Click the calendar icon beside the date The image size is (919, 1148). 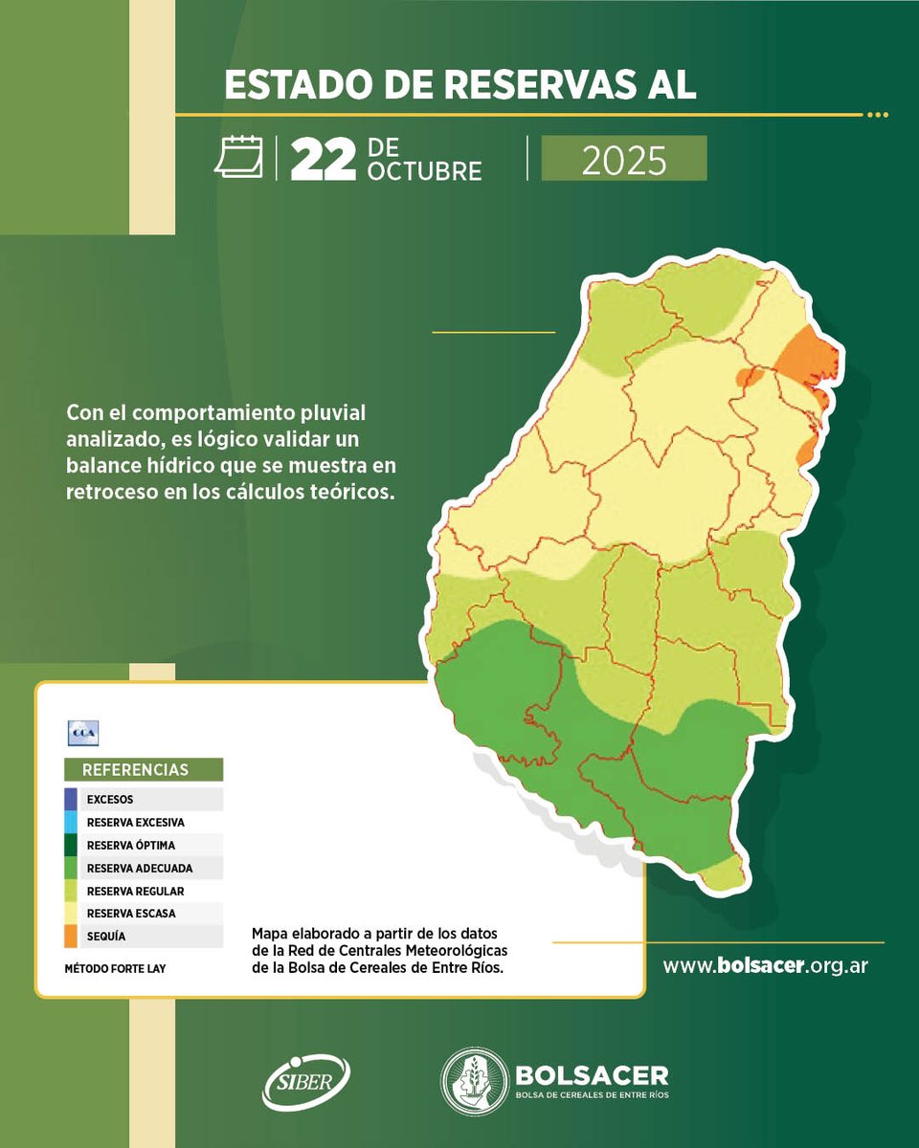click(238, 157)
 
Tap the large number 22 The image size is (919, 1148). click(324, 159)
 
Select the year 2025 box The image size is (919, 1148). click(623, 159)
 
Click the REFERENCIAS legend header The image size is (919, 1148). click(144, 769)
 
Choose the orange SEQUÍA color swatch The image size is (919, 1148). click(71, 936)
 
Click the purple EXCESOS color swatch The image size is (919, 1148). click(71, 798)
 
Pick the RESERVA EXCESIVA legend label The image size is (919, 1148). click(135, 822)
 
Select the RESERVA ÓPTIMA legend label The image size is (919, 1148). click(130, 845)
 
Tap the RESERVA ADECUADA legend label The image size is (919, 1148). click(139, 868)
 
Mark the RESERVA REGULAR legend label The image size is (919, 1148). click(135, 891)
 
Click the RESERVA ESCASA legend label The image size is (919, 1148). click(130, 914)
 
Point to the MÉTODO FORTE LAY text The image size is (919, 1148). click(115, 968)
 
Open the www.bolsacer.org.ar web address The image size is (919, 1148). click(765, 965)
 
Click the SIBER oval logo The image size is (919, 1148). click(306, 1082)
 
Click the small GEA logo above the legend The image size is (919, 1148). click(83, 733)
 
